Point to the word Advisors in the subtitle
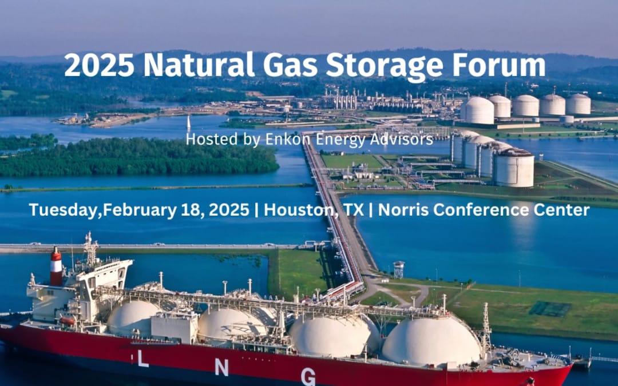tap(404, 139)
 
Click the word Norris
tap(403, 210)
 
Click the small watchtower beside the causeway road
tap(398, 269)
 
